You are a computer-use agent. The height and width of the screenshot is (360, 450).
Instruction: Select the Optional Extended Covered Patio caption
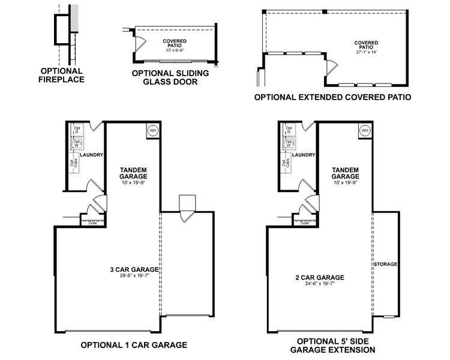click(332, 97)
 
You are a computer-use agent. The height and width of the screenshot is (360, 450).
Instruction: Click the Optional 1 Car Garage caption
click(134, 345)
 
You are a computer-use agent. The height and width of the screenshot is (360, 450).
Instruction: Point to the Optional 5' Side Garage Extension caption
click(332, 346)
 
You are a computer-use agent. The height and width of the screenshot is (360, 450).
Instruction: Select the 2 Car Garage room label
click(320, 277)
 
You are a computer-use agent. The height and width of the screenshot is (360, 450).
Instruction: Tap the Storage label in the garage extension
click(386, 265)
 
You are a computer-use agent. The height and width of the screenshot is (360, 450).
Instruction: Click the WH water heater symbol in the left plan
click(152, 130)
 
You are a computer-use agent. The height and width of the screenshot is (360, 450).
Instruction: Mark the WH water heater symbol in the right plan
click(365, 130)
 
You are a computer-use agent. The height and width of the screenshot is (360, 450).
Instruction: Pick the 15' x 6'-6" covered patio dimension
click(175, 49)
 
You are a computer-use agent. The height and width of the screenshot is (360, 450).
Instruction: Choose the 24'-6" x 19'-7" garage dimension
click(320, 284)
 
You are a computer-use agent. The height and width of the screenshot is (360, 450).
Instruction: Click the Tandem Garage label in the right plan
click(346, 173)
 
